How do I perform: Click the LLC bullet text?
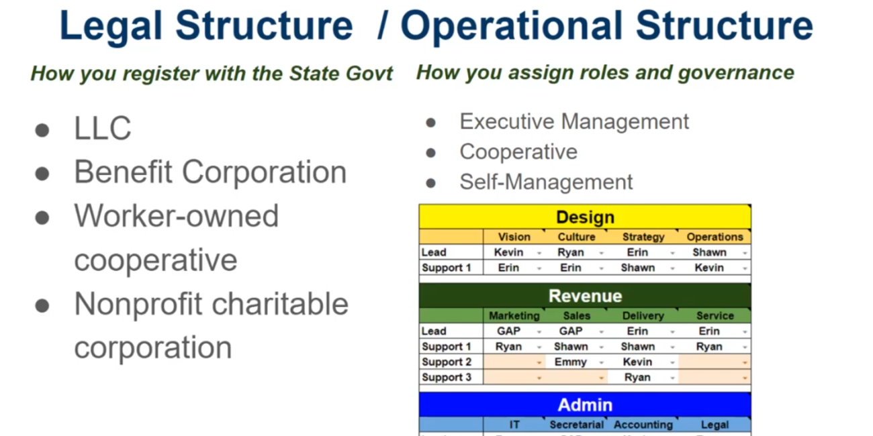coord(103,128)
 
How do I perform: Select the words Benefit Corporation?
coord(210,172)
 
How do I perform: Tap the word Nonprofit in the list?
coord(138,304)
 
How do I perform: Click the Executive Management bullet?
coord(574,121)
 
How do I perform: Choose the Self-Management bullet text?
coord(546,182)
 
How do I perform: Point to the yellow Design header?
coord(585,217)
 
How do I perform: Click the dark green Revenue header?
coord(585,296)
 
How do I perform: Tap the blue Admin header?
coord(585,405)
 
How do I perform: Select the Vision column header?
coord(514,237)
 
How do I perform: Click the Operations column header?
coord(715,237)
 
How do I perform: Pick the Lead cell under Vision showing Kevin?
coord(508,252)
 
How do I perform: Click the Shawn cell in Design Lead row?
coord(709,252)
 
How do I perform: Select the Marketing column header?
coord(514,315)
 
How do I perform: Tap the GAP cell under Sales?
coord(571,331)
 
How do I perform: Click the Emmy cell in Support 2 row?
coord(571,362)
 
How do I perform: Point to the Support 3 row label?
coord(447,377)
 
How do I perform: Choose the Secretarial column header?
coord(576,425)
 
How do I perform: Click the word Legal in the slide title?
coord(110,25)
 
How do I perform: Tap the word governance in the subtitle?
coord(736,73)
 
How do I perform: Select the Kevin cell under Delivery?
coord(637,362)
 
